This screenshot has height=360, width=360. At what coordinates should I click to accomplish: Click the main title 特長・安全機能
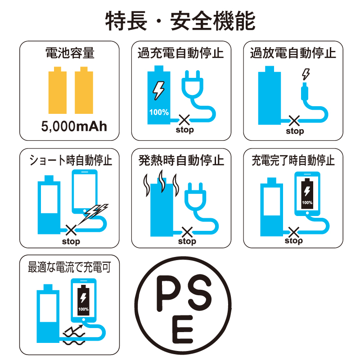[180, 21]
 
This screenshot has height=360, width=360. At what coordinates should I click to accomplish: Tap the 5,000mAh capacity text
[74, 126]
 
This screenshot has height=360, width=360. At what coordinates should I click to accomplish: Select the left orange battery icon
[58, 90]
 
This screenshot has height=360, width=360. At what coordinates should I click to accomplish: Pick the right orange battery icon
[84, 90]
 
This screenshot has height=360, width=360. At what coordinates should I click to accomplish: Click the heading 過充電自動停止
[181, 53]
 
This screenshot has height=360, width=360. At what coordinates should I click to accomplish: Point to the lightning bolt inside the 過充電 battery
[159, 90]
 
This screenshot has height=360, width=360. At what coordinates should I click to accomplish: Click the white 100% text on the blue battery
[159, 112]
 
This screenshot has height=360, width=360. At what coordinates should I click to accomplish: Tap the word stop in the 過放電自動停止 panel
[295, 131]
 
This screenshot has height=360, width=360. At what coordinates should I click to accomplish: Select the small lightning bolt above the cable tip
[306, 74]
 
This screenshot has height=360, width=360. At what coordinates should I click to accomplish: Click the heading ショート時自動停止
[71, 160]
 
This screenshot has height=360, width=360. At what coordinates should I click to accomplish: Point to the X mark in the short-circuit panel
[71, 230]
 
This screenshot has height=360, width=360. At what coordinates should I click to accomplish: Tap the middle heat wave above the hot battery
[162, 181]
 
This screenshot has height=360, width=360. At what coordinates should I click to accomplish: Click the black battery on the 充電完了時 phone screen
[307, 193]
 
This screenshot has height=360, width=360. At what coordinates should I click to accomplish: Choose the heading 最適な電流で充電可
[69, 267]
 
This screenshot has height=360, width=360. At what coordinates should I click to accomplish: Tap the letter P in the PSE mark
[169, 293]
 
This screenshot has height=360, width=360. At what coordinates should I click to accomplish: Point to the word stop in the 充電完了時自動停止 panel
[294, 241]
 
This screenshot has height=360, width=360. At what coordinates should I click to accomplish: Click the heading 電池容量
[70, 53]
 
